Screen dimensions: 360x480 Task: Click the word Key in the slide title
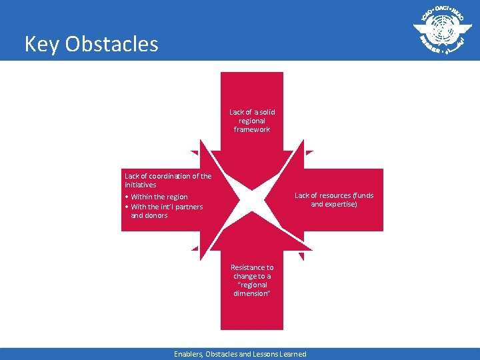[39, 44]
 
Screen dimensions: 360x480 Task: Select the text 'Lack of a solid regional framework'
[252, 121]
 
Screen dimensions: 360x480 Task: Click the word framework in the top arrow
[252, 129]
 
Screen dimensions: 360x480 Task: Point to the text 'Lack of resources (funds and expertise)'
[334, 199]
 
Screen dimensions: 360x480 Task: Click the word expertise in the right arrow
[341, 204]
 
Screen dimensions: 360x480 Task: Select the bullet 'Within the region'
[159, 197]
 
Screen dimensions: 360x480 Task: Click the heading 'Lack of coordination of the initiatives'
[167, 180]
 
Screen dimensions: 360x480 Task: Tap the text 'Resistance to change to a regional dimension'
[252, 280]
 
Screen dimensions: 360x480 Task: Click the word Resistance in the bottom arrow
[252, 267]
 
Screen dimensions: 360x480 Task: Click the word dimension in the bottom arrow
[252, 293]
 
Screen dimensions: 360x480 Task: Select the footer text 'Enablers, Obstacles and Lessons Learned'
[240, 354]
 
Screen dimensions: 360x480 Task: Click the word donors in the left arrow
[156, 215]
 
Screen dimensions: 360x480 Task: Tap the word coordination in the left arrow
[165, 176]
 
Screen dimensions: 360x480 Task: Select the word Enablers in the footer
[188, 354]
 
